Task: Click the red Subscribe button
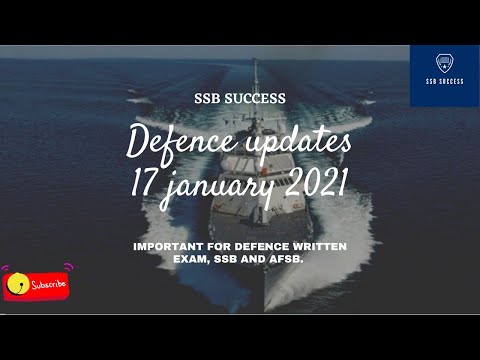click(36, 284)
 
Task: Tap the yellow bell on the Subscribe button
click(15, 285)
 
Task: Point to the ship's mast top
click(255, 62)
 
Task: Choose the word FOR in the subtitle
click(215, 244)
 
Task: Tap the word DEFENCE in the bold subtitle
click(259, 244)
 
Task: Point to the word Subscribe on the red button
click(47, 285)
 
